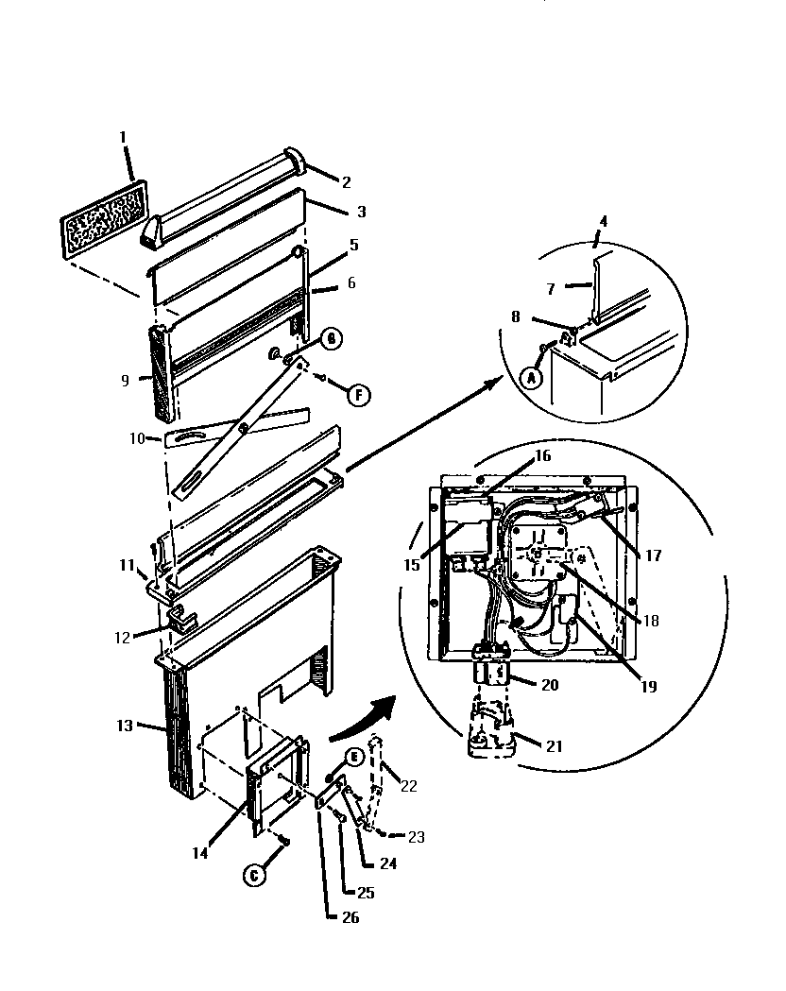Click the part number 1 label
point(123,138)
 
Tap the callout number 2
point(346,180)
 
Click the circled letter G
point(333,338)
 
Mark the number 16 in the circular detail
point(542,455)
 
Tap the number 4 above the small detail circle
point(604,223)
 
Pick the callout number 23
point(417,836)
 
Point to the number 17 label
point(653,555)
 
